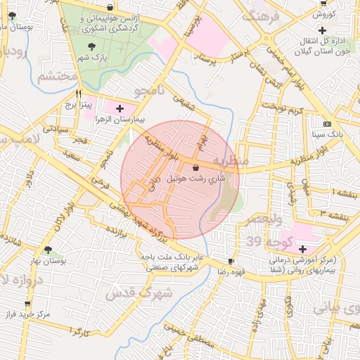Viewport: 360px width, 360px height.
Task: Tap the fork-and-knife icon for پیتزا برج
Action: [79, 94]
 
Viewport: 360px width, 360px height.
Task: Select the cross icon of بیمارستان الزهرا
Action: [120, 108]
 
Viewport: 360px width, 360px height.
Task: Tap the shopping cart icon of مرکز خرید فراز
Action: [27, 304]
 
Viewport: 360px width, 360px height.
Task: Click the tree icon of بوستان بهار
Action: [47, 250]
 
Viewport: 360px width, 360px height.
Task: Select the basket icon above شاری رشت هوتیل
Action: [195, 167]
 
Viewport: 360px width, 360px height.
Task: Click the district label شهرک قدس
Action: [139, 292]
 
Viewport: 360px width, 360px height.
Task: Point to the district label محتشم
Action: [55, 76]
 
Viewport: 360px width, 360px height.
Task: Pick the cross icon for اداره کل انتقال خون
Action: [322, 31]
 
